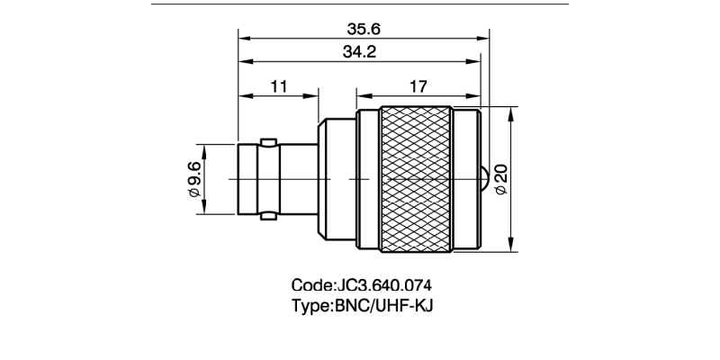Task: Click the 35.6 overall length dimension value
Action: pos(364,29)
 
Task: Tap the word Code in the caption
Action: pos(311,286)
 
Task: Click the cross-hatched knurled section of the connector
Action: pos(416,180)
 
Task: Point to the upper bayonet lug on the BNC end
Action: pos(267,141)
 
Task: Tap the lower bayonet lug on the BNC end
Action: pos(267,217)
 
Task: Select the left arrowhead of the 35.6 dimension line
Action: pos(243,39)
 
